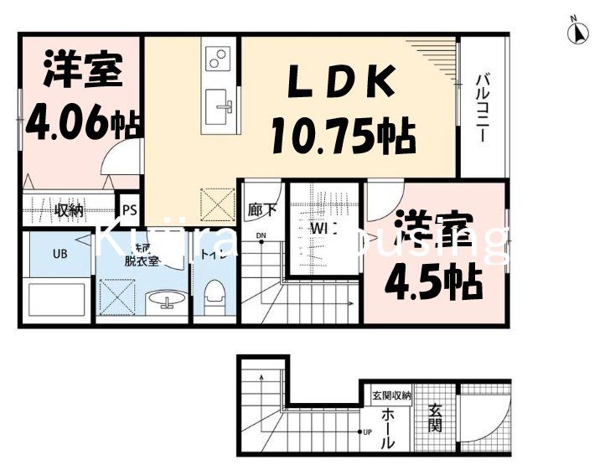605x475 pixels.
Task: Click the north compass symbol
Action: (577, 33)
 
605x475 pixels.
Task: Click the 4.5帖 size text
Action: (433, 282)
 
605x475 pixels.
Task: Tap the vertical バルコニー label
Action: (483, 108)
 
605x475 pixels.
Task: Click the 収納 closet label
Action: (69, 210)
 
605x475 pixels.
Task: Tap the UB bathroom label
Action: (59, 252)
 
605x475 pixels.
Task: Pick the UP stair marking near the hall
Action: (367, 431)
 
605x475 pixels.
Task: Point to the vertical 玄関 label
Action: (436, 419)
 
